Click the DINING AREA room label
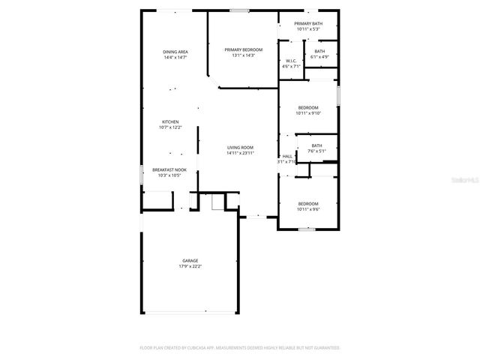(175, 52)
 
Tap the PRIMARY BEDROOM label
(243, 49)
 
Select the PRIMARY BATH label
(308, 24)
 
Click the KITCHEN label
(170, 122)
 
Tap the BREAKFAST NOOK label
(169, 169)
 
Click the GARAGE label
(190, 260)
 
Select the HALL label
(287, 156)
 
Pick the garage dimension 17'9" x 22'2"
(190, 266)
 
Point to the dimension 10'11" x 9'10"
(308, 113)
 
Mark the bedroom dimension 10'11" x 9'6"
(308, 209)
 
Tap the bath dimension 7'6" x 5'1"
(316, 151)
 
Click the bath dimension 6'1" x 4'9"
(320, 56)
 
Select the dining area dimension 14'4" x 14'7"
(175, 57)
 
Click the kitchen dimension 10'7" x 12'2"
(170, 127)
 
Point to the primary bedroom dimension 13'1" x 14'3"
(243, 55)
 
